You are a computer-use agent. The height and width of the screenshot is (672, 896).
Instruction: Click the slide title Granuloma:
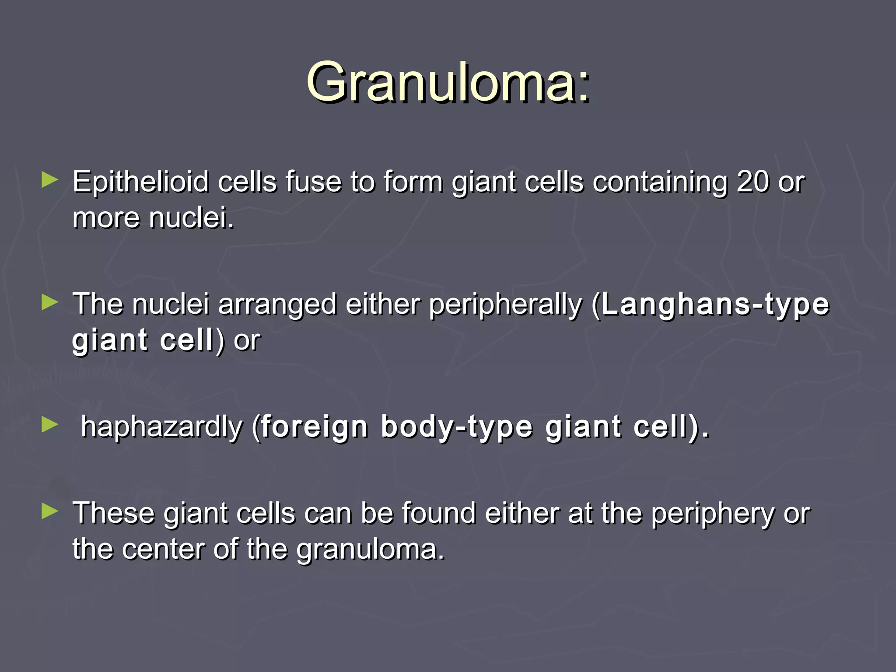(448, 82)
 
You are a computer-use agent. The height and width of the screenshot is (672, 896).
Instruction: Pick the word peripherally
(505, 305)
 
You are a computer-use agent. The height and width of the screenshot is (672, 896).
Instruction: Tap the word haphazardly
(161, 427)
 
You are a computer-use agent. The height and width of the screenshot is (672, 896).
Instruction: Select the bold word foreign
(314, 427)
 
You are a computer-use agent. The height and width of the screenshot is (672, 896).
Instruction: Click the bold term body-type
(457, 427)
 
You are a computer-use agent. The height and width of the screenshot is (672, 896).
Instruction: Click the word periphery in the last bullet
(713, 514)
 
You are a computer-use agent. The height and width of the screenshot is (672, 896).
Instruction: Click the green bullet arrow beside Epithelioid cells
(49, 180)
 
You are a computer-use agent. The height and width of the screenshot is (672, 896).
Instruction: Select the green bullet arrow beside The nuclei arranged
(49, 302)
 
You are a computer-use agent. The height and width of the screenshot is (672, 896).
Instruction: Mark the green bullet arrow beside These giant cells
(49, 511)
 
